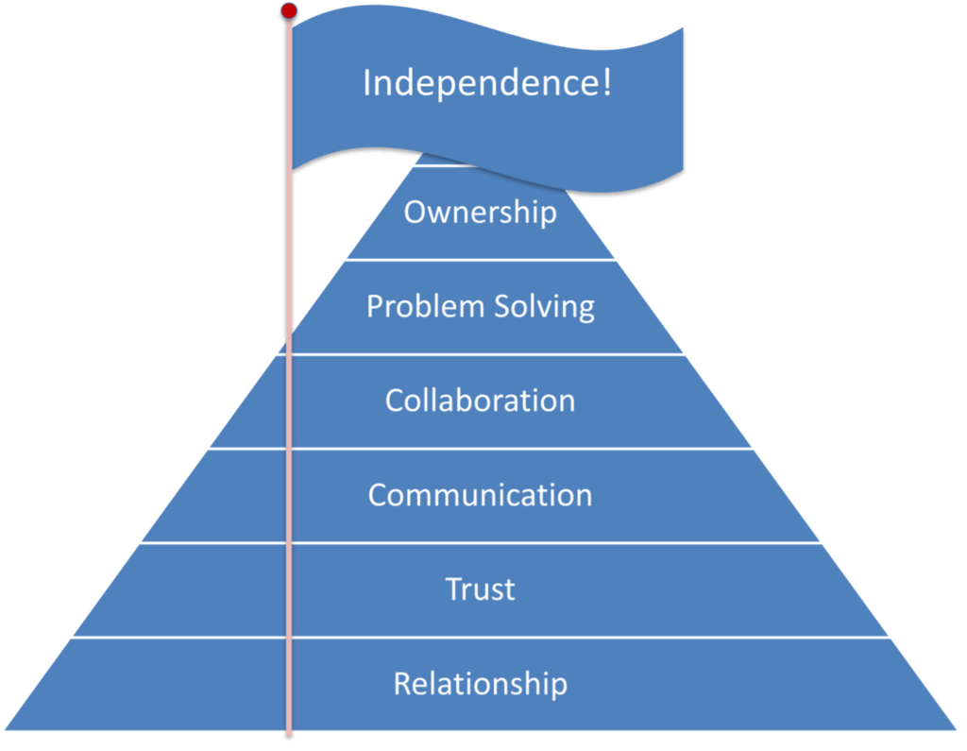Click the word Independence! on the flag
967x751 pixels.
tap(487, 83)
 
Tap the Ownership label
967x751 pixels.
tap(480, 212)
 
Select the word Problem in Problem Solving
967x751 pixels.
tap(420, 307)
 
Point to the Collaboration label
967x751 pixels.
tap(480, 401)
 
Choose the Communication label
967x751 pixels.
tap(480, 495)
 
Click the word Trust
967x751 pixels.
tap(480, 589)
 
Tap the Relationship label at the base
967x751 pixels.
tap(480, 683)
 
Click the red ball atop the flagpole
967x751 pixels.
tap(289, 10)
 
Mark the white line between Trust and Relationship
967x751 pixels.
tap(567, 638)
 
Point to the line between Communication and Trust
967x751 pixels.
tap(567, 543)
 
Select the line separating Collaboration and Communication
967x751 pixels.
tap(567, 449)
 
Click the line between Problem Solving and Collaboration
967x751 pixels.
tap(567, 354)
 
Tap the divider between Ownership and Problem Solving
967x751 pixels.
tap(529, 260)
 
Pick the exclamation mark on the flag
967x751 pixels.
tap(606, 83)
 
